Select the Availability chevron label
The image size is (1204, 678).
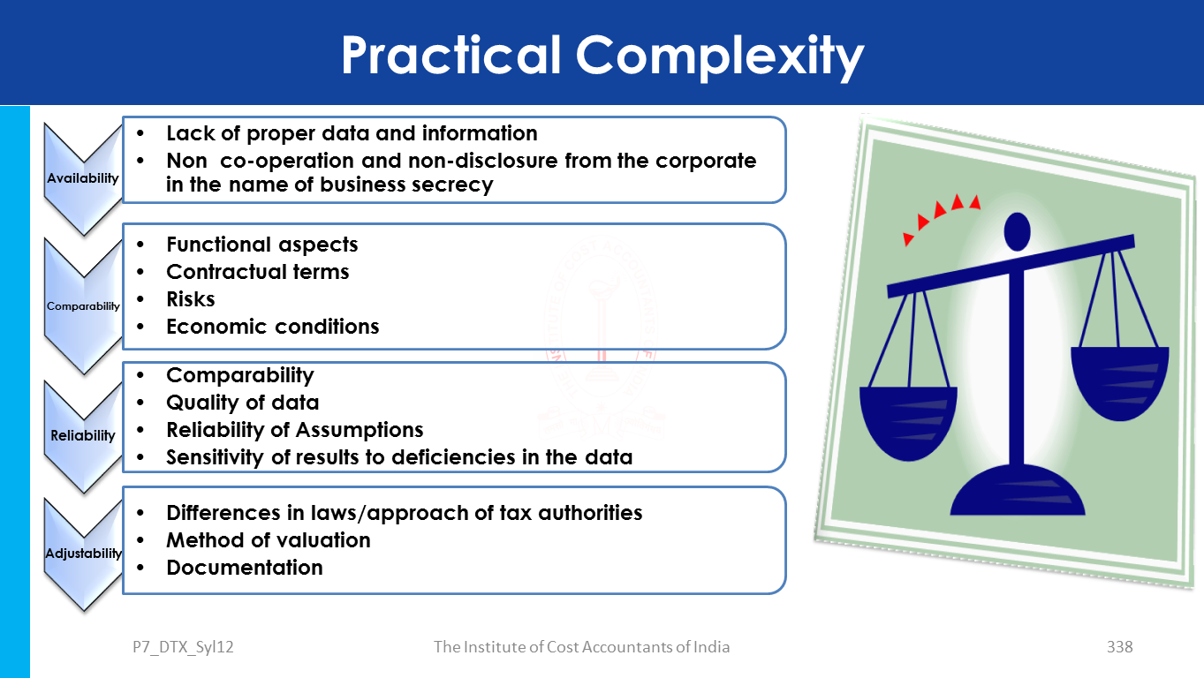click(83, 177)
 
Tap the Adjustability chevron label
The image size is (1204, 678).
click(83, 554)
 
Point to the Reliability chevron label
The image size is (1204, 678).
click(83, 435)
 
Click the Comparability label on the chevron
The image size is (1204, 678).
click(83, 306)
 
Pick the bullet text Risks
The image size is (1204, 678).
click(190, 298)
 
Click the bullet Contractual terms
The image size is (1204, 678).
click(257, 272)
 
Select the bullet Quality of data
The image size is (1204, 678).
click(242, 403)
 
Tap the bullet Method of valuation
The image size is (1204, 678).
click(269, 540)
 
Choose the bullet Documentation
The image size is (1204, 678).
click(245, 568)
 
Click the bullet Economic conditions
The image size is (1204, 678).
click(273, 326)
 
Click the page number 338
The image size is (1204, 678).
click(1119, 647)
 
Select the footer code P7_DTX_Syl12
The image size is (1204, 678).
click(183, 647)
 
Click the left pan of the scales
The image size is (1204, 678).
click(908, 423)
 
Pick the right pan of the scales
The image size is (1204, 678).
click(1120, 383)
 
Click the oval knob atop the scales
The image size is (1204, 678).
click(1017, 231)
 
